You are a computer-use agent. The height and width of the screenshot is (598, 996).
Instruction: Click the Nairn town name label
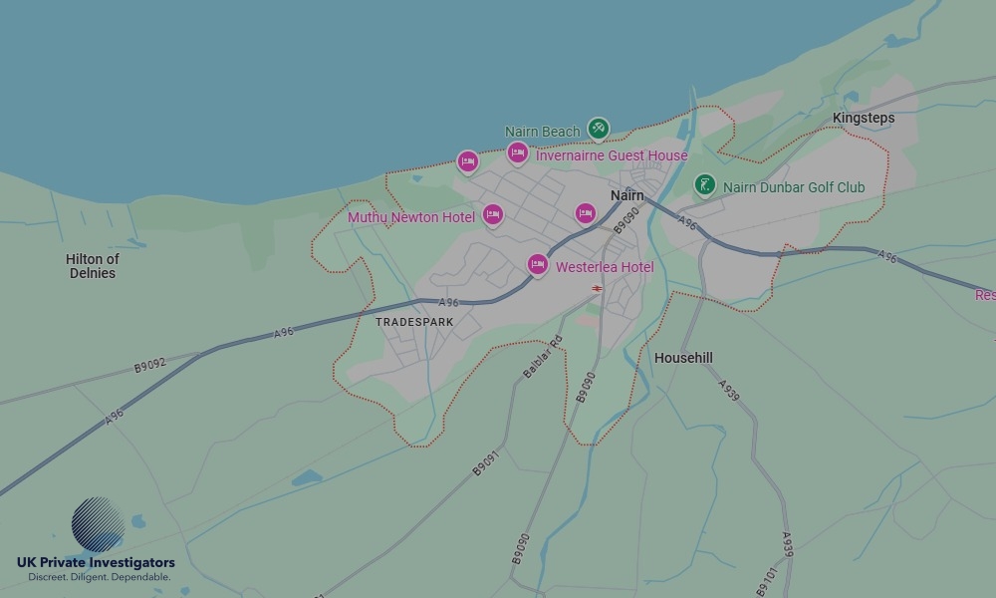click(627, 196)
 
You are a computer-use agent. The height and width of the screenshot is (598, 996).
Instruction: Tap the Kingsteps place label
click(864, 118)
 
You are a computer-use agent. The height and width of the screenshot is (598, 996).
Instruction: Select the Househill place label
click(683, 358)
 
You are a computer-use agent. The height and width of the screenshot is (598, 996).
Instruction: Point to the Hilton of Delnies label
click(93, 266)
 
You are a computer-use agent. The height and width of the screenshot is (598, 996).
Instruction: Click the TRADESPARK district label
click(414, 322)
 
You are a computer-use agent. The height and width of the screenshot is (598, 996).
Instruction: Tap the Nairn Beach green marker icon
click(598, 129)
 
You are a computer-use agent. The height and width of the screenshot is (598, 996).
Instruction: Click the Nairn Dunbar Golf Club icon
click(705, 185)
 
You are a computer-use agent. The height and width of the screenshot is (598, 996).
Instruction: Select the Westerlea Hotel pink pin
click(538, 264)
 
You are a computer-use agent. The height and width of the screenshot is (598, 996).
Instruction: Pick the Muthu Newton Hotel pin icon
click(492, 214)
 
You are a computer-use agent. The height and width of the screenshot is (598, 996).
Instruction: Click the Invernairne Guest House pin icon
click(517, 152)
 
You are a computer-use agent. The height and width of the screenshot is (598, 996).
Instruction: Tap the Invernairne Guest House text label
click(612, 155)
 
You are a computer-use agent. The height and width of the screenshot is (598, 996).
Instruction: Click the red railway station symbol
click(597, 288)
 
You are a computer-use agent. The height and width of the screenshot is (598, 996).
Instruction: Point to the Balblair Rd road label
click(544, 357)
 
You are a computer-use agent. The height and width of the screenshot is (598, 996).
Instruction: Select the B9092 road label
click(151, 362)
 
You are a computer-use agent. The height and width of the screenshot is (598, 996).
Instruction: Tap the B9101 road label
click(767, 582)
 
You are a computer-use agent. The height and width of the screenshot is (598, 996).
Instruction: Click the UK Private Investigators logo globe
click(98, 524)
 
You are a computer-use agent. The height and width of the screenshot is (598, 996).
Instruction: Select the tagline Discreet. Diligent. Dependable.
click(99, 577)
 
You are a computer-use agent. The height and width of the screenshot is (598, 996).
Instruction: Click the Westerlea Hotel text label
click(605, 267)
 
